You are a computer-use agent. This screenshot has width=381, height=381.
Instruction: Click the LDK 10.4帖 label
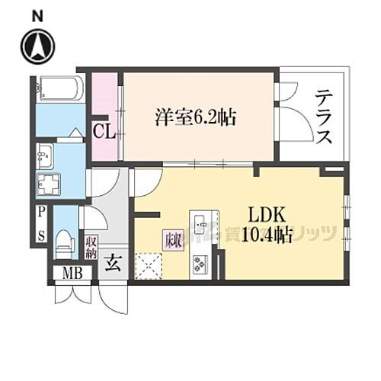click(267, 226)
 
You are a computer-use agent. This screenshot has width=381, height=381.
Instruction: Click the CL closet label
click(104, 131)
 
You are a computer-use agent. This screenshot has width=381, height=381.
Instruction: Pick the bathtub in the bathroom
click(59, 89)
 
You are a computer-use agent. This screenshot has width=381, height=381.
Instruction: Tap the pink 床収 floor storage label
click(172, 238)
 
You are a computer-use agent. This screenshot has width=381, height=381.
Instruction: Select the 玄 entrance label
click(112, 266)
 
